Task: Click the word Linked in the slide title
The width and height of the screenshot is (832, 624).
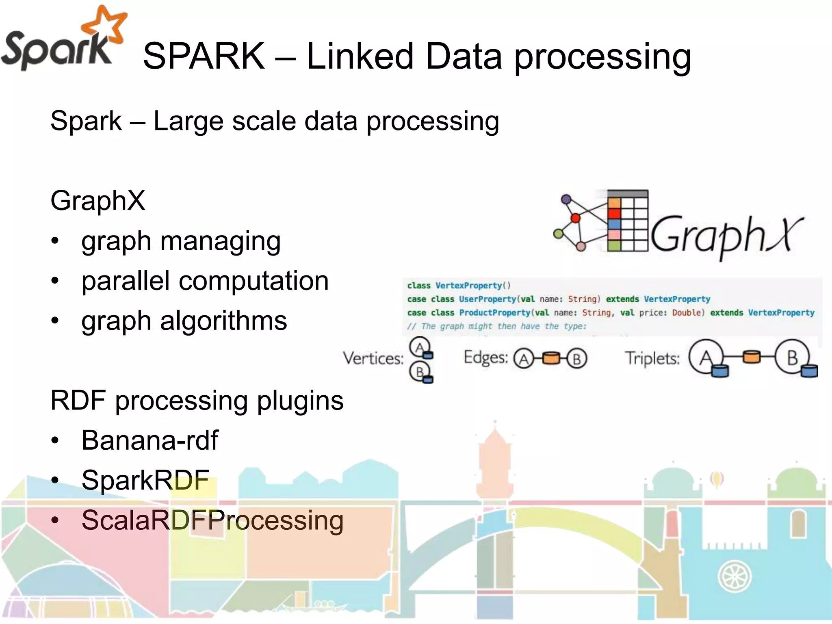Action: coord(359,56)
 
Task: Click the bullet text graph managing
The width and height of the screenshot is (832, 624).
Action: coord(181,241)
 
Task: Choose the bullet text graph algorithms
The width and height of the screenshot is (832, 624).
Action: coord(184,321)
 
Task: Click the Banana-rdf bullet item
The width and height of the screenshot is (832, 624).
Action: coord(150,440)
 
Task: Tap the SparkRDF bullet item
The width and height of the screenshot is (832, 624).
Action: coord(145,480)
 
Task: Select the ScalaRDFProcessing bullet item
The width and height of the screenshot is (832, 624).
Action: coord(212,520)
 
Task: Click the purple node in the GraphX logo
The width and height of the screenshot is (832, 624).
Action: coord(566,199)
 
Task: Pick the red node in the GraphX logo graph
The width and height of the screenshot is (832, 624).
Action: coord(575,219)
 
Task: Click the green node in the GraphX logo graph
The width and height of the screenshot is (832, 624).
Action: coord(559,234)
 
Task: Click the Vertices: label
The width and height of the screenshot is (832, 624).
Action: coord(373,358)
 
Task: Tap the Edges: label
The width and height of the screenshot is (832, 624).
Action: coord(486,357)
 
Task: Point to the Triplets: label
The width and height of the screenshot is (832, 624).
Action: coord(652,358)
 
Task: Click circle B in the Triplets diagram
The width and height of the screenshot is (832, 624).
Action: coord(792,357)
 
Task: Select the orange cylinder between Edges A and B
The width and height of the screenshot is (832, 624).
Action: coord(551,358)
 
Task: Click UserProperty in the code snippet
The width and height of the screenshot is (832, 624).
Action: coord(487,299)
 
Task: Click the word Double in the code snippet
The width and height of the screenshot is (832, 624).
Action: coord(686,312)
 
